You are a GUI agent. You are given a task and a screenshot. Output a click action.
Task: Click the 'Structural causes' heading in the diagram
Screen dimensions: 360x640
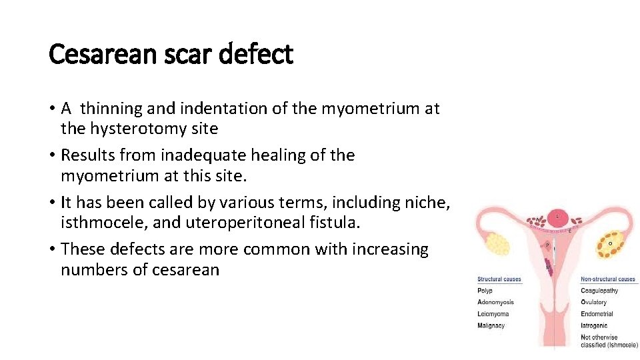[499, 279]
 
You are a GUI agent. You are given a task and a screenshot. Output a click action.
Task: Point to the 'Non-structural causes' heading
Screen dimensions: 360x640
[608, 279]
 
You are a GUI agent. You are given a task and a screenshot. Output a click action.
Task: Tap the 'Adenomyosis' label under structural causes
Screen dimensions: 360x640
[495, 303]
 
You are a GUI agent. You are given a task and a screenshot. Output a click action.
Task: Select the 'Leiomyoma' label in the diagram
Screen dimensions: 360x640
[493, 314]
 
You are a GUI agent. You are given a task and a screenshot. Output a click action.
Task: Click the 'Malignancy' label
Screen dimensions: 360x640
[491, 326]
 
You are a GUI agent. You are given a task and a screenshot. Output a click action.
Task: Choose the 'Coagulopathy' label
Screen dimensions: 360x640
[599, 291]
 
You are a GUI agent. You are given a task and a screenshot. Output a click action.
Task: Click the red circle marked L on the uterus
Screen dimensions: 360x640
[557, 217]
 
